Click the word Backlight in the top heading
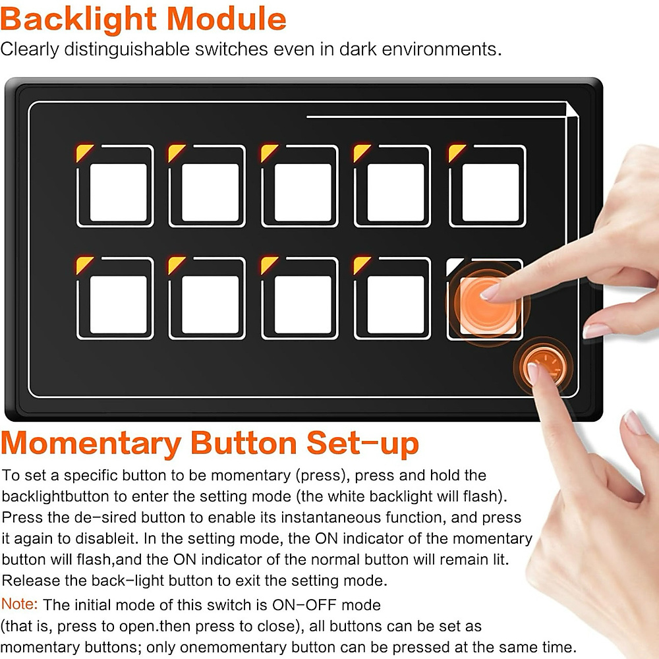(78, 20)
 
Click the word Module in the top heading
(227, 19)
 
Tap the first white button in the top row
(118, 192)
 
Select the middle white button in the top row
(302, 192)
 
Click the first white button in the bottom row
(118, 304)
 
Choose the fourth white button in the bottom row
(395, 304)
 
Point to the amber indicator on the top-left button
(84, 153)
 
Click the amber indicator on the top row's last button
(457, 153)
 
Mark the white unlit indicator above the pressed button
(454, 266)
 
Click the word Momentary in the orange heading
(91, 444)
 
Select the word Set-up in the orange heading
(362, 444)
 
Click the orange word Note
(19, 604)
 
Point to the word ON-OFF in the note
(304, 605)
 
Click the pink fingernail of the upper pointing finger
(490, 292)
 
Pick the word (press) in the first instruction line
(322, 475)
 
